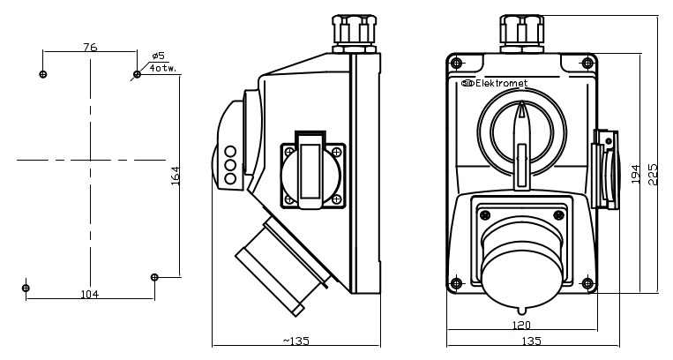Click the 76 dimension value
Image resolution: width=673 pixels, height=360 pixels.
click(90, 48)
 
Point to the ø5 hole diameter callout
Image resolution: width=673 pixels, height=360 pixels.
click(158, 56)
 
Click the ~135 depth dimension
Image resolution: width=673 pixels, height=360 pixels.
click(295, 340)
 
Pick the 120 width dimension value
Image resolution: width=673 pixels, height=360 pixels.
click(521, 324)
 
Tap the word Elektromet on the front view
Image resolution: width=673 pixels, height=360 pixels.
click(501, 84)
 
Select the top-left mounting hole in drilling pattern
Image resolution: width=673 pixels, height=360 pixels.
click(43, 74)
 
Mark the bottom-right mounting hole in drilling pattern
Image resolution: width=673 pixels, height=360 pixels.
click(154, 277)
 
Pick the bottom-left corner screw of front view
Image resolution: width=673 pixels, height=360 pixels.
click(456, 283)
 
